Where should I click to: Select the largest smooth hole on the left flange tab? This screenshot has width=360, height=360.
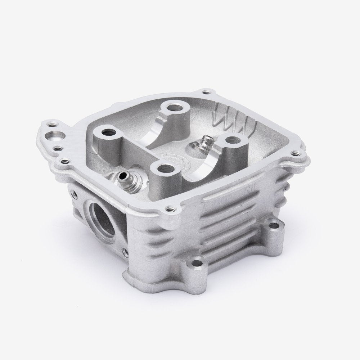pyautogui.click(x=55, y=136)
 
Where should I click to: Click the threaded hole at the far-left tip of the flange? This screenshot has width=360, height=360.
pyautogui.click(x=49, y=124)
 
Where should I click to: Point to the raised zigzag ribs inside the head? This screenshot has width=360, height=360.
pyautogui.click(x=234, y=115)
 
